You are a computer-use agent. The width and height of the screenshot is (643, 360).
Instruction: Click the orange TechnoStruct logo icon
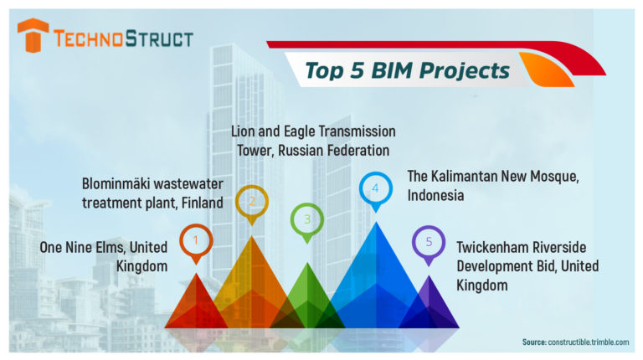pyautogui.click(x=33, y=35)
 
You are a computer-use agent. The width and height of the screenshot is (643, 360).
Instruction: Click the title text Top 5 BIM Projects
pyautogui.click(x=407, y=70)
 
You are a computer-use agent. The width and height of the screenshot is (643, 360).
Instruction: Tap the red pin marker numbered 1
pyautogui.click(x=196, y=240)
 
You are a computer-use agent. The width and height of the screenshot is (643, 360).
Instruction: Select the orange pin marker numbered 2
pyautogui.click(x=251, y=202)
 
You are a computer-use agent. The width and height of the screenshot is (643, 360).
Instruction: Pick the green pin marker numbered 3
pyautogui.click(x=307, y=219)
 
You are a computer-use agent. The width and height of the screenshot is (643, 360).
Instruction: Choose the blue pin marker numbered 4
pyautogui.click(x=375, y=188)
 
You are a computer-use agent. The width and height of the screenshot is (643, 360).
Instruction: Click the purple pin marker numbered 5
pyautogui.click(x=429, y=243)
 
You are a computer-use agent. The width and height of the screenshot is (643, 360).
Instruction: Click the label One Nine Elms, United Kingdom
pyautogui.click(x=104, y=255)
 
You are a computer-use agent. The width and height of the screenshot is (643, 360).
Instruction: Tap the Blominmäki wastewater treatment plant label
pyautogui.click(x=152, y=193)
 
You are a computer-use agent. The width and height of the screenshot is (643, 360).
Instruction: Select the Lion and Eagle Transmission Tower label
pyautogui.click(x=313, y=141)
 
